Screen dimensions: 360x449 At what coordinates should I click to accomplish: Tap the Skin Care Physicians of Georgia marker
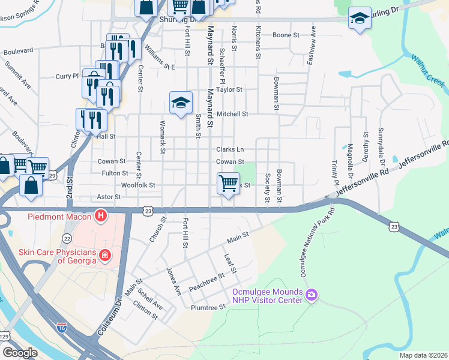[106, 256]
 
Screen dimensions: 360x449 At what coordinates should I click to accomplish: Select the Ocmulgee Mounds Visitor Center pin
[312, 295]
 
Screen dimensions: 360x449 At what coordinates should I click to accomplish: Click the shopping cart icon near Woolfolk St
[228, 182]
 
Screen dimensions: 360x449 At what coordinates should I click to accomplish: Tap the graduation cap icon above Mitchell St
[180, 102]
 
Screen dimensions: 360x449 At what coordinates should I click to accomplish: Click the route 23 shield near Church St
[148, 211]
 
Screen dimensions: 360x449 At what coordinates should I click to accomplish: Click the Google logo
[20, 353]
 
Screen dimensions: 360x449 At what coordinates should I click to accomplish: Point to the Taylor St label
[229, 89]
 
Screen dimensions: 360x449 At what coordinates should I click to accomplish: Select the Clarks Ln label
[230, 149]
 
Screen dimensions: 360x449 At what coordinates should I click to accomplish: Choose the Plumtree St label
[208, 307]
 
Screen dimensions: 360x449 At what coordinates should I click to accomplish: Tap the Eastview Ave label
[311, 46]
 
